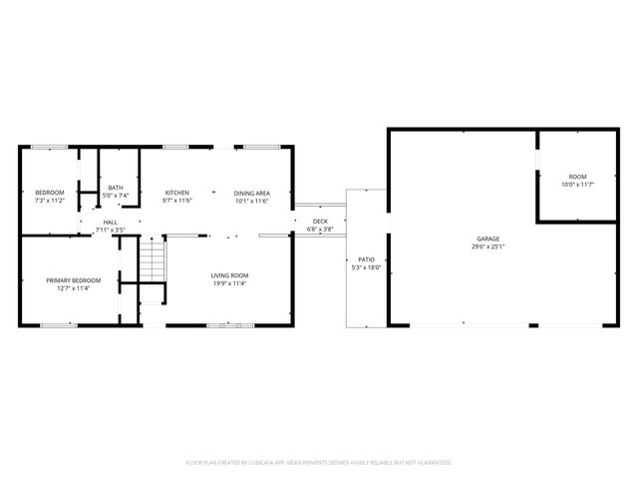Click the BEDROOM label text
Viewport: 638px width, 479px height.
(x=50, y=193)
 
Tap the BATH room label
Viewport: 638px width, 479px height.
(x=117, y=187)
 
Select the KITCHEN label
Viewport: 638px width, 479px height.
(x=177, y=193)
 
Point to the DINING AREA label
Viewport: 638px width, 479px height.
(x=252, y=193)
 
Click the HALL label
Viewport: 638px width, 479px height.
(x=110, y=223)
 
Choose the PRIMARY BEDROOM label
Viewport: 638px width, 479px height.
(x=74, y=280)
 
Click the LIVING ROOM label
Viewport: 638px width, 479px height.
(x=229, y=275)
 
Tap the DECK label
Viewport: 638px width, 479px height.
(x=320, y=222)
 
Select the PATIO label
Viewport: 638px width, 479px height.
(x=367, y=259)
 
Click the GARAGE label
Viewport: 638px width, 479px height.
(x=487, y=239)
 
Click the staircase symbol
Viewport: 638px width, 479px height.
(x=150, y=264)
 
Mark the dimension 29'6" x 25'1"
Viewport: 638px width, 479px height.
(x=487, y=247)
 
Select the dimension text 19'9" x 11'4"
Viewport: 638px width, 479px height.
(x=229, y=283)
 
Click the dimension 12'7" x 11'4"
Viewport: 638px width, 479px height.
(x=74, y=288)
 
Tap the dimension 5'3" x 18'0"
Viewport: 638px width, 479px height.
(x=367, y=267)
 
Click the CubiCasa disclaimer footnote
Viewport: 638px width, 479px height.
(x=319, y=462)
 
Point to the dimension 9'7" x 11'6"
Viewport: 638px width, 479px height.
(x=177, y=201)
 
